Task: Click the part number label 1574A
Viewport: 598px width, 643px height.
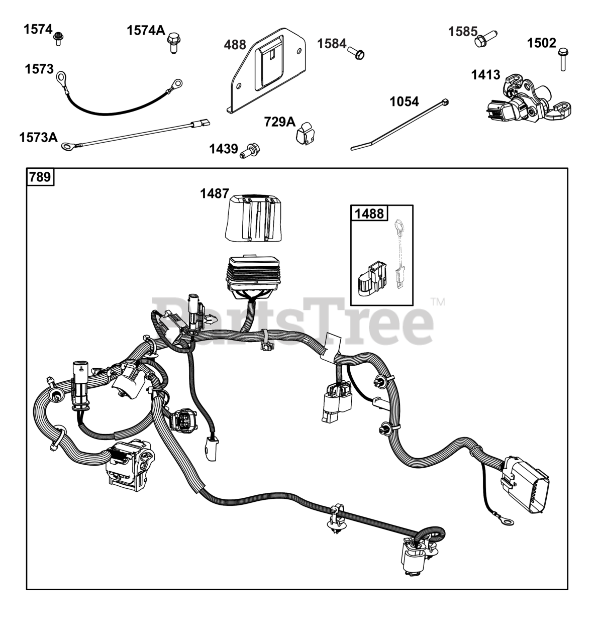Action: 146,31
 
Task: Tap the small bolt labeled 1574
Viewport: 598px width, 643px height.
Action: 58,38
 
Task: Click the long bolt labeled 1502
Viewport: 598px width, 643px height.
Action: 563,59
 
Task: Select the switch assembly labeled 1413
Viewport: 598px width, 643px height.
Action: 527,100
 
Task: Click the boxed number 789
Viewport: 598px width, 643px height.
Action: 40,178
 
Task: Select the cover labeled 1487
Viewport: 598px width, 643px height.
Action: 252,218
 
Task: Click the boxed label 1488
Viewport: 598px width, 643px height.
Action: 369,213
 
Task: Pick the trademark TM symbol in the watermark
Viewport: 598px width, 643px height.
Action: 438,302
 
